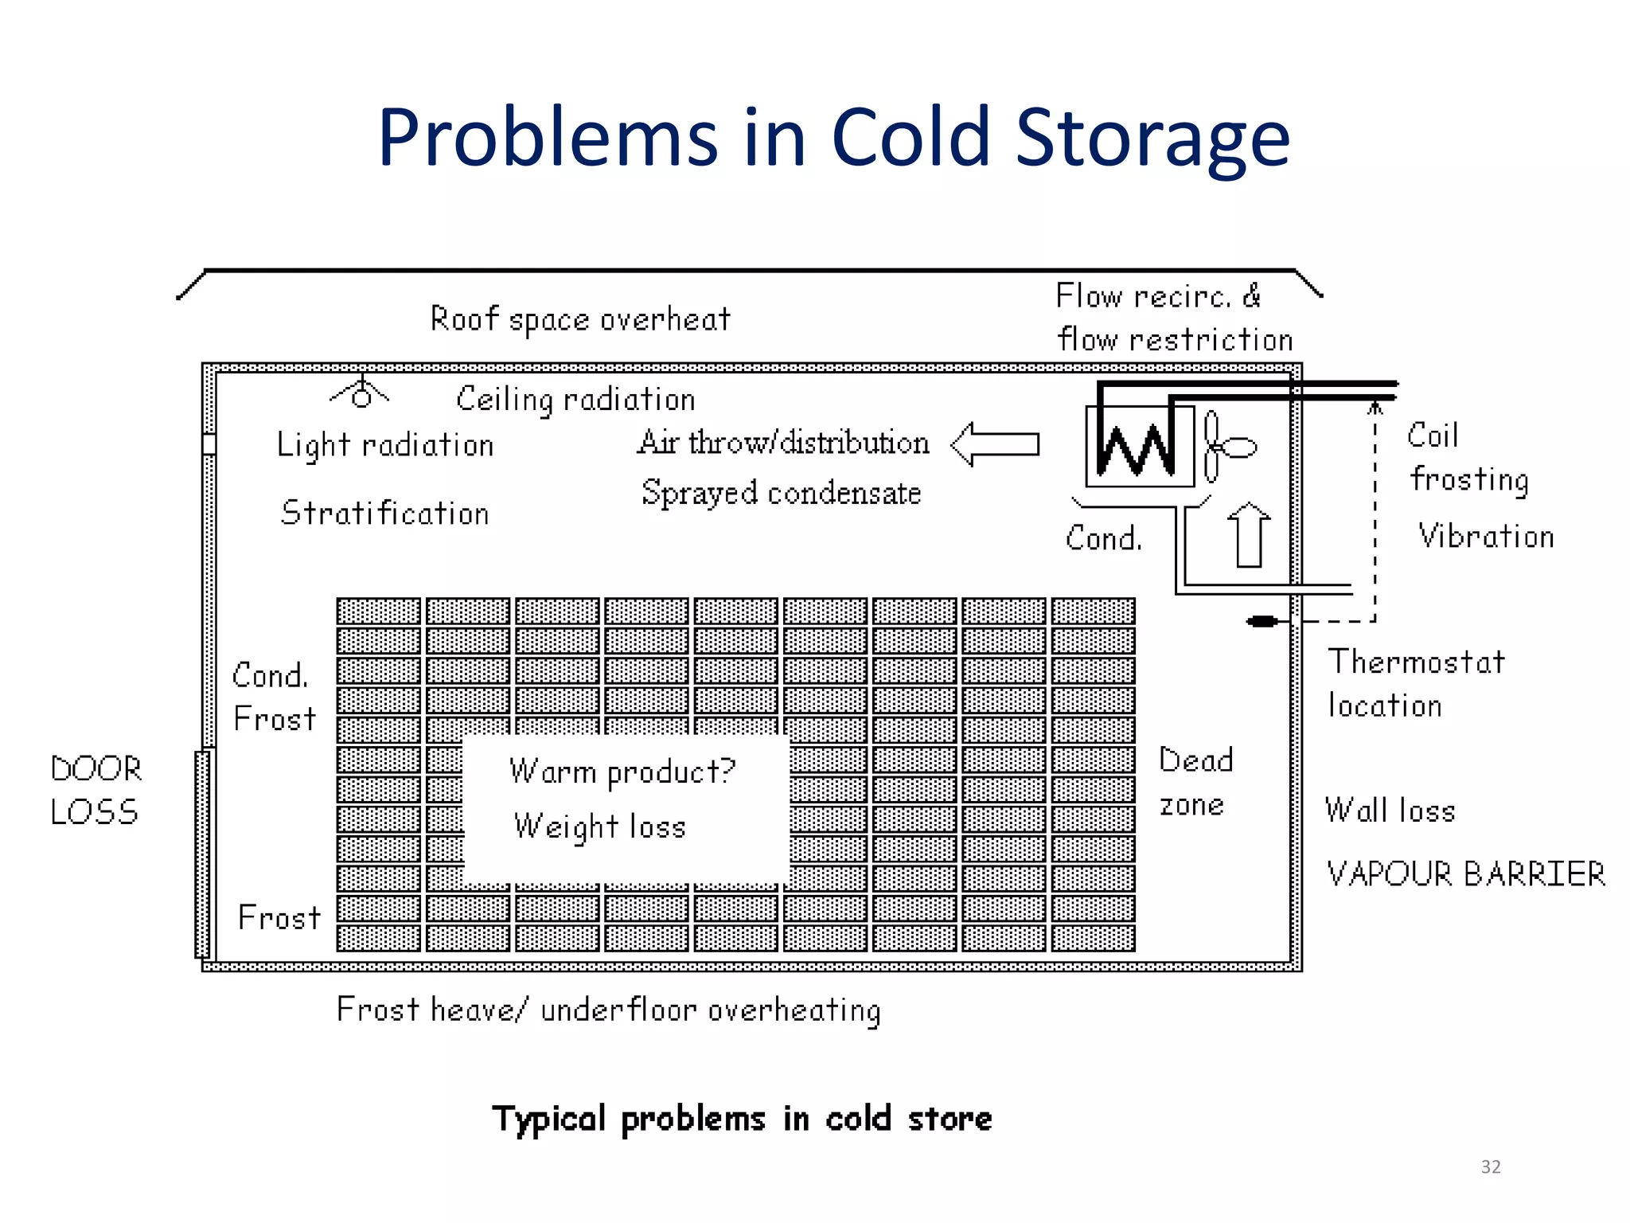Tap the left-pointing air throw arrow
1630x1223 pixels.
pos(995,443)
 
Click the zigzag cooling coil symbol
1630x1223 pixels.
pos(1136,448)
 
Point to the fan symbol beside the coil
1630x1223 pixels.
pos(1226,447)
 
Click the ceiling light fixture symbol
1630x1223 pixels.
pos(361,393)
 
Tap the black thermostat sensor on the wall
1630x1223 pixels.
pos(1262,621)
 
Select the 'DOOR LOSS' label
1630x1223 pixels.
pos(96,790)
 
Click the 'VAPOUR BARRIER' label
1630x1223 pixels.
pos(1465,874)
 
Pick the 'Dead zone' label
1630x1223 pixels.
pos(1195,782)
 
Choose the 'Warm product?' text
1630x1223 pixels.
pos(622,772)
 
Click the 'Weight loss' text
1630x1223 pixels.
pos(600,827)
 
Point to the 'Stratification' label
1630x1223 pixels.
pos(385,513)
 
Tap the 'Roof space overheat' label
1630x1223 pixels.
pos(580,319)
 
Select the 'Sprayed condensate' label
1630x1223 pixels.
pos(781,493)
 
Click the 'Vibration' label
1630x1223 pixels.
pos(1486,537)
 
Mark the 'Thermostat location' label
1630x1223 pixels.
pos(1416,683)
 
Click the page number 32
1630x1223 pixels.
pos(1490,1166)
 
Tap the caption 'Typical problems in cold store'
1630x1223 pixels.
pos(742,1119)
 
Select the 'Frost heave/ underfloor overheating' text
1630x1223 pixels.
pos(609,1010)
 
